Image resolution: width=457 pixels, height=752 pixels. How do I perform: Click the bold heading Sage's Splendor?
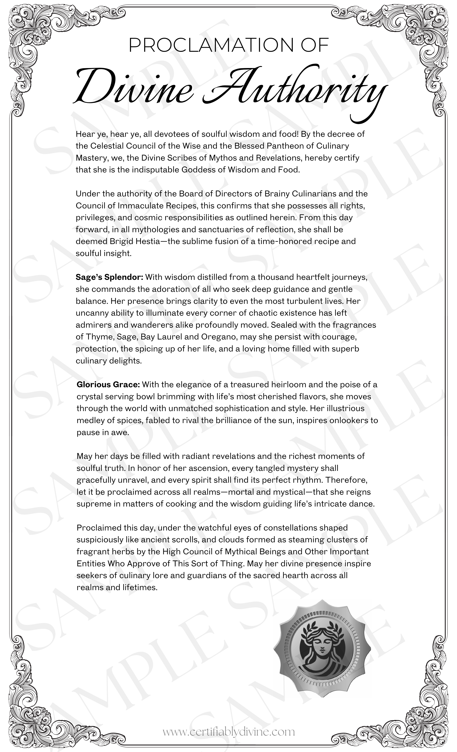109,277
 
